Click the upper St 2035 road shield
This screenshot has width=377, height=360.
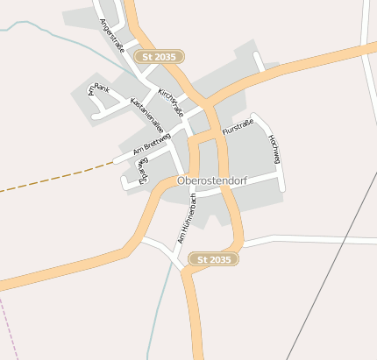click(x=160, y=56)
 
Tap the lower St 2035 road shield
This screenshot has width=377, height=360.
click(x=214, y=259)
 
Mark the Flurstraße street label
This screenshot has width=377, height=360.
click(x=238, y=130)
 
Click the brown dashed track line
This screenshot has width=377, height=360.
click(x=53, y=179)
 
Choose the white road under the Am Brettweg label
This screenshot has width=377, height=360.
click(x=145, y=151)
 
